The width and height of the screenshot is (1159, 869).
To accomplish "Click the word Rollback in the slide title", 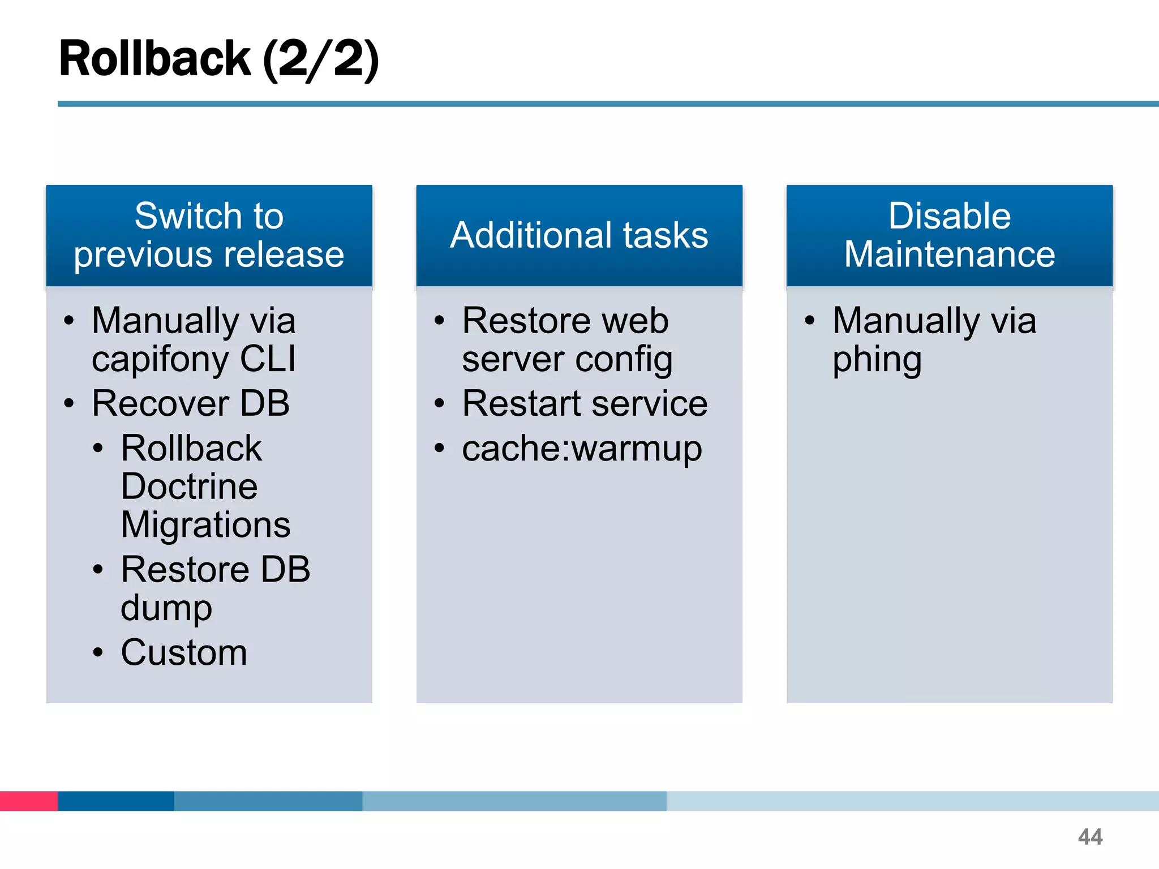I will coord(154,58).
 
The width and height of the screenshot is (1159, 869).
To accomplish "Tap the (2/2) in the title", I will coord(321,59).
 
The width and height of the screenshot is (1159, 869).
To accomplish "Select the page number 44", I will coord(1090,837).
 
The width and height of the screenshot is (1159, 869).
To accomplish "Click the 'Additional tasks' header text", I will coord(579,235).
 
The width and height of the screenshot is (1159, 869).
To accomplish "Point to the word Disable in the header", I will coord(949,216).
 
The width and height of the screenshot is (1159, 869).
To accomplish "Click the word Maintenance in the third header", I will coord(949,255).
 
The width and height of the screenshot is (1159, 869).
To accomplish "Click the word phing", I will coord(877,360).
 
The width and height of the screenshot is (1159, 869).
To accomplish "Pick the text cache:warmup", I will coord(582,449).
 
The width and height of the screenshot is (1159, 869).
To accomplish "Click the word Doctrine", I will coord(189,487).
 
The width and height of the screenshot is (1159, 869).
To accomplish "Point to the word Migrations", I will coord(205,525).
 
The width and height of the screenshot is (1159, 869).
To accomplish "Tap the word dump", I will coord(166,608).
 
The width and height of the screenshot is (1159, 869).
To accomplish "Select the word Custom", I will coord(184,653).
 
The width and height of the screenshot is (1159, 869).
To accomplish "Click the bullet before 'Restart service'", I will coord(439,404).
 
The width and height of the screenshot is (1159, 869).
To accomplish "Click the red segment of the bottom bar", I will coord(28,801).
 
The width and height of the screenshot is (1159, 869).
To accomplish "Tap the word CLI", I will coord(268,359).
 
